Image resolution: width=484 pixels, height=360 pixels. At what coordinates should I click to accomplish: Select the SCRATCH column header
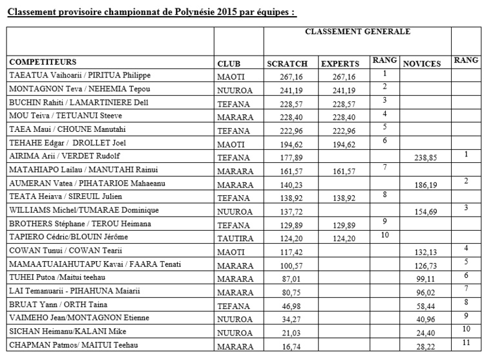click(x=283, y=64)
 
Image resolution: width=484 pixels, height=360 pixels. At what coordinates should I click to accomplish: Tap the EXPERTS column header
click(x=340, y=64)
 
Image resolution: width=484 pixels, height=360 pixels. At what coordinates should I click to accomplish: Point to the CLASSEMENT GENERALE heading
click(x=357, y=31)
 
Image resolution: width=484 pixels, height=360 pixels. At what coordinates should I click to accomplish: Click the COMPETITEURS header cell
click(x=43, y=62)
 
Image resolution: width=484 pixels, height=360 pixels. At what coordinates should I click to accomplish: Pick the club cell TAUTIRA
click(x=233, y=237)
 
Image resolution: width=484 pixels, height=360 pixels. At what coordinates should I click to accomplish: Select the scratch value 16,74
click(x=282, y=346)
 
